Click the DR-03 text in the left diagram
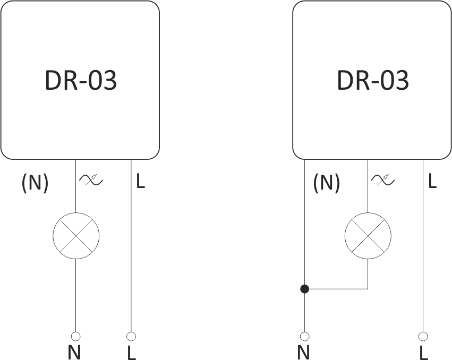(81, 81)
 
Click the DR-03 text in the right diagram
(373, 81)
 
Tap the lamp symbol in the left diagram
(76, 236)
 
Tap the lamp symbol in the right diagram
(368, 236)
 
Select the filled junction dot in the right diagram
(304, 289)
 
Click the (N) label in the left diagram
(35, 183)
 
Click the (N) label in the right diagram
(327, 183)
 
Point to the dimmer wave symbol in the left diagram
(91, 180)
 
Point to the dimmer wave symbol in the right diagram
(383, 180)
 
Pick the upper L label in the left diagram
(140, 182)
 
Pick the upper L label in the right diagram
(432, 182)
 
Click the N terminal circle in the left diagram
(76, 336)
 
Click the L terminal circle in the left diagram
(131, 336)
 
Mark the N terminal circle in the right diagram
(304, 336)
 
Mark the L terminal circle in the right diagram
(423, 336)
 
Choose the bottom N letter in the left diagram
(74, 352)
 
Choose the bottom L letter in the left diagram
(131, 352)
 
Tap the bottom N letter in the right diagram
(303, 352)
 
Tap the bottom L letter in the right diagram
(423, 352)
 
